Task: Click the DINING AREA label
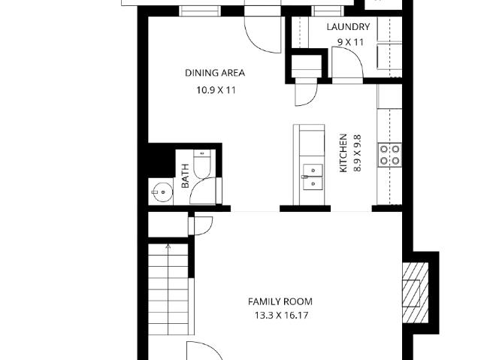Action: (x=215, y=73)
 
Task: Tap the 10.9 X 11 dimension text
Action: (x=216, y=90)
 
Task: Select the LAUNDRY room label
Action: (x=348, y=27)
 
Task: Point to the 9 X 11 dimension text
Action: (x=351, y=42)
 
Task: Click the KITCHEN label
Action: (x=343, y=153)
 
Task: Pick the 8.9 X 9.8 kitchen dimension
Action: (x=358, y=153)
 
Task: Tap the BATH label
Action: (x=185, y=176)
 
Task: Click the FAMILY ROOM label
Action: (x=280, y=301)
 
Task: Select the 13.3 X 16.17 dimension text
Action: (x=281, y=315)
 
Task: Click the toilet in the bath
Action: (x=202, y=164)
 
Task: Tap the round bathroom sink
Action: (x=163, y=192)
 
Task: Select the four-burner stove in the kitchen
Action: (x=389, y=155)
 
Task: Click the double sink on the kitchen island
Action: (x=313, y=177)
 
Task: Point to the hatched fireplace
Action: (x=416, y=292)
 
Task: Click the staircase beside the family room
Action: (x=168, y=289)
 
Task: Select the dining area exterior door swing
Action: (x=262, y=35)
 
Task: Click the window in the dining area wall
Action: (x=200, y=11)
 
